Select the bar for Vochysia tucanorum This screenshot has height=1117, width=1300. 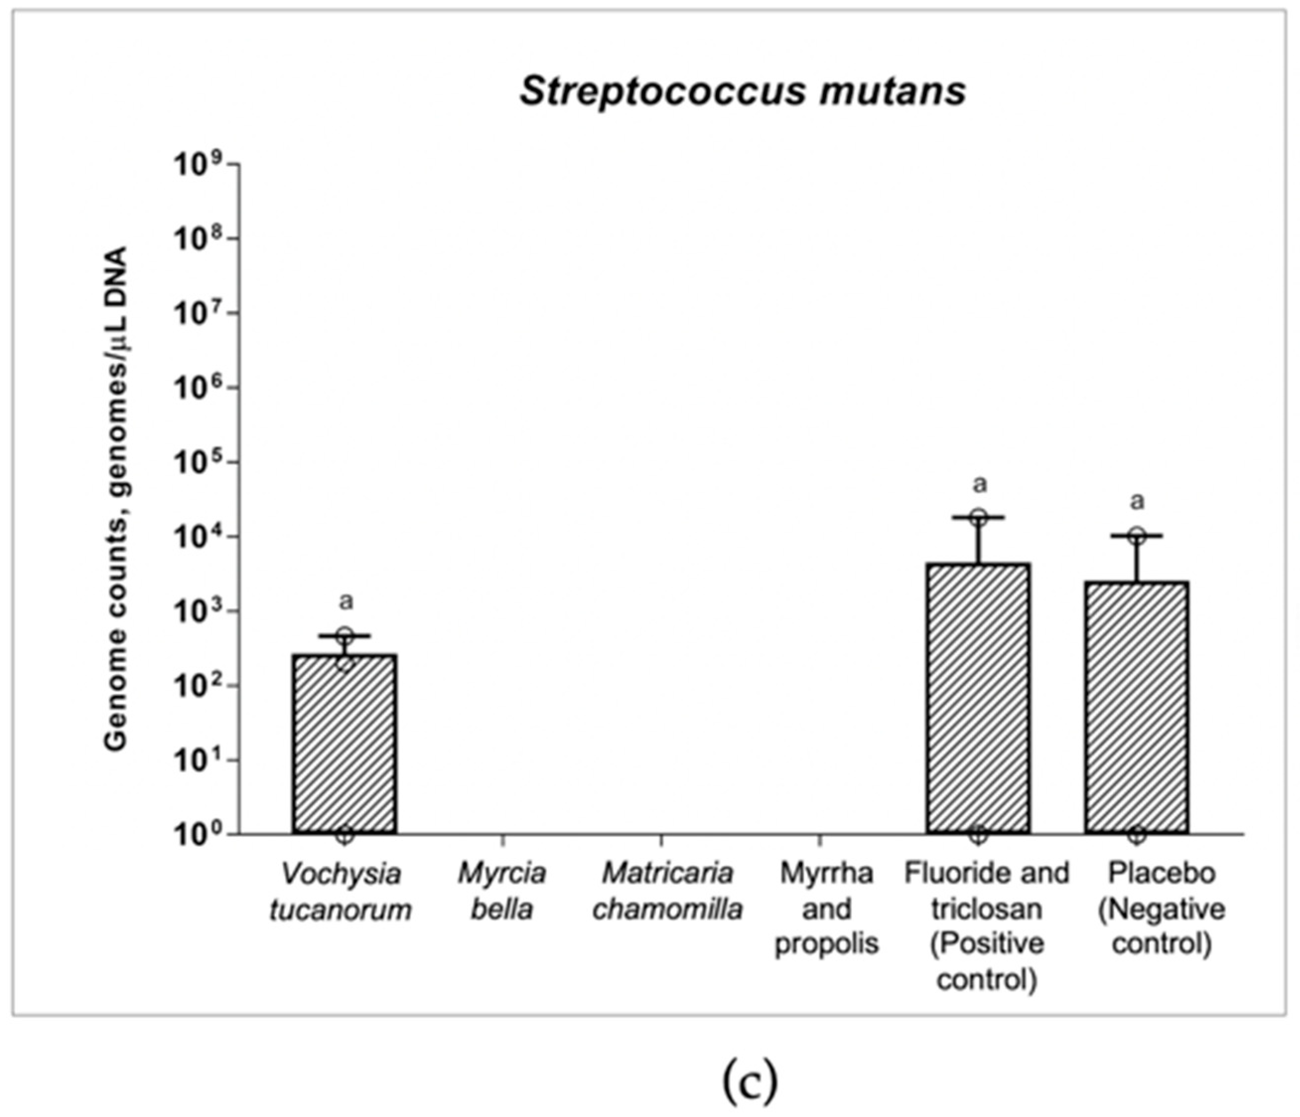click(x=344, y=744)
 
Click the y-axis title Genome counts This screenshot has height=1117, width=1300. click(x=116, y=499)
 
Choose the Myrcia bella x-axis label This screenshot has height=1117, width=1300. click(x=502, y=891)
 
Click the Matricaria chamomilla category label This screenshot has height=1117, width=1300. click(x=668, y=891)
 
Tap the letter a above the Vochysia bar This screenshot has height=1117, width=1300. click(x=345, y=601)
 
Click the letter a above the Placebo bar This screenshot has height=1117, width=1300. click(x=1137, y=501)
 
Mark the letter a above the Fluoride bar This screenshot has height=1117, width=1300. click(x=979, y=484)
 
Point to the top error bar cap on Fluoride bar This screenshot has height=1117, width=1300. click(x=979, y=517)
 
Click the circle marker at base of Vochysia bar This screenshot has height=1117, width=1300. click(x=344, y=835)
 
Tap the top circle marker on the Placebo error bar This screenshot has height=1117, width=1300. click(x=1137, y=535)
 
